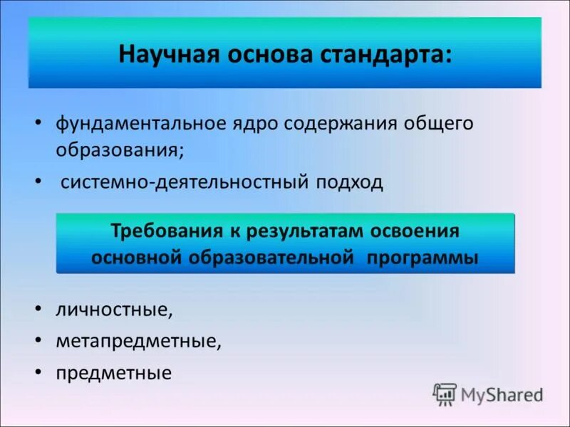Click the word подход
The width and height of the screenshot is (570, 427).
coord(347,182)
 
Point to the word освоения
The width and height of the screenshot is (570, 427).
coord(421,231)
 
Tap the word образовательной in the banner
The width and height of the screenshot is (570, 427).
coord(271,258)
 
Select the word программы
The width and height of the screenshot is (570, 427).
coord(422,258)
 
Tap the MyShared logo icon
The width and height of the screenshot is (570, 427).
coord(445,394)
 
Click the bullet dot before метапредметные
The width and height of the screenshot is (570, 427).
coord(37,341)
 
